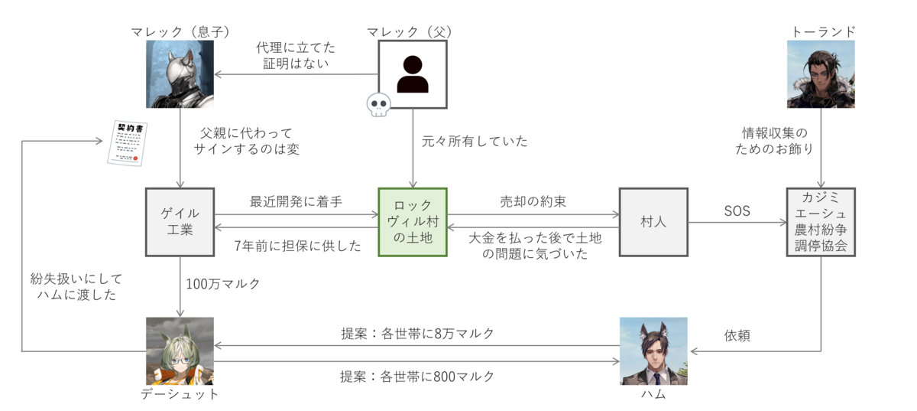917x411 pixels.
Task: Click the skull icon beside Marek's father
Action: point(377,106)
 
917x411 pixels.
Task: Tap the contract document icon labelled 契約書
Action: point(127,144)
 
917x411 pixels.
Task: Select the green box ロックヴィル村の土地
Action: point(413,221)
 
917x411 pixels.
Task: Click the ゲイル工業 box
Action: point(180,221)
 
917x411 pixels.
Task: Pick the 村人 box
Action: point(653,221)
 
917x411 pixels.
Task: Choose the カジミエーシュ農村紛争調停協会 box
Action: point(821,221)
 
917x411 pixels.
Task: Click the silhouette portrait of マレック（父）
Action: point(413,73)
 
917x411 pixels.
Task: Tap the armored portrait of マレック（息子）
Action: point(180,73)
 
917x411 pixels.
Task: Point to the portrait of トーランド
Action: point(821,73)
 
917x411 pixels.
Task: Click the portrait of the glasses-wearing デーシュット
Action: point(180,351)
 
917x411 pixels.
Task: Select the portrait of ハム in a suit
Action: point(653,351)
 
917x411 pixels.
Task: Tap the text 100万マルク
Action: point(223,284)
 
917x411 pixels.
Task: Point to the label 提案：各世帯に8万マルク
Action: point(417,334)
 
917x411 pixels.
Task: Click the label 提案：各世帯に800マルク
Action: point(417,376)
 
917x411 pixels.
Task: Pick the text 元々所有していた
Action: point(475,141)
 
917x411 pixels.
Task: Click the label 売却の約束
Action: point(533,201)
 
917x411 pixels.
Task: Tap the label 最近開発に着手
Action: point(296,201)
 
